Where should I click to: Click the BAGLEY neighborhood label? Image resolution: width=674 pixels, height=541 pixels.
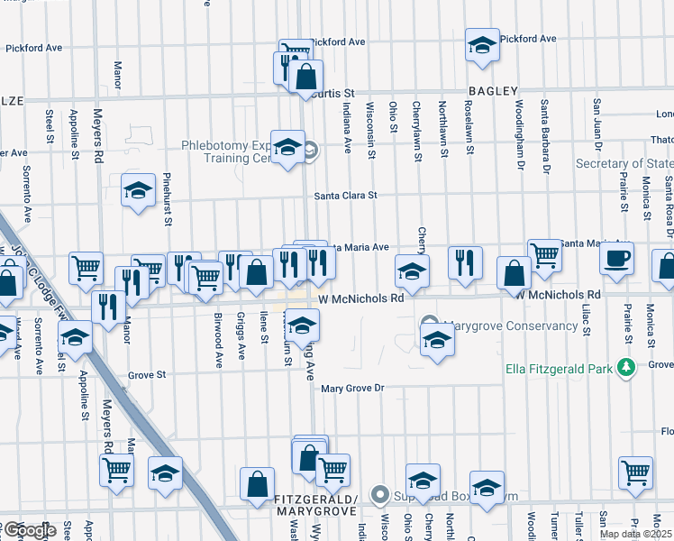(493, 91)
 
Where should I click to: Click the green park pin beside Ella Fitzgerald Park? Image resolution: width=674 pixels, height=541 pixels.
(624, 366)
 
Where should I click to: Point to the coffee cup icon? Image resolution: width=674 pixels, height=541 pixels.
(617, 257)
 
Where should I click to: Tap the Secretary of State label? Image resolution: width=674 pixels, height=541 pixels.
(624, 163)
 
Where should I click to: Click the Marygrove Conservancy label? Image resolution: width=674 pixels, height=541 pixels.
(510, 326)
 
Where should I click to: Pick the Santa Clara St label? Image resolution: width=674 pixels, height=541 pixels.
(345, 195)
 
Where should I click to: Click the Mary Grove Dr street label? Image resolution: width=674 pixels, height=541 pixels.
(353, 389)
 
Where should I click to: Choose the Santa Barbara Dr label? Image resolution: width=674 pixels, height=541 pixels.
(545, 138)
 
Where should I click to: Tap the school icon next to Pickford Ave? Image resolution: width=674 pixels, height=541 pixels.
(482, 45)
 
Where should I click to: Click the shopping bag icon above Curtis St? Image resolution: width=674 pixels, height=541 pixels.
(305, 76)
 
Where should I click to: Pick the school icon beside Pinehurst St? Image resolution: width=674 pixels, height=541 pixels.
(139, 191)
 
